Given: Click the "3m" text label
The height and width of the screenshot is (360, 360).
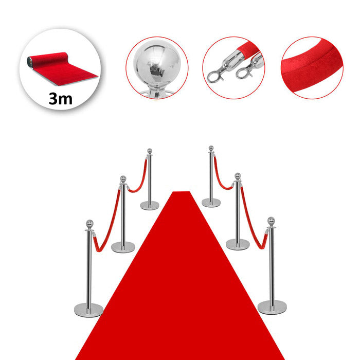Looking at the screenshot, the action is [61, 99].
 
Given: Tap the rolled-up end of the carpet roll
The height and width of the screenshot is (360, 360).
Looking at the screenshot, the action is [30, 62].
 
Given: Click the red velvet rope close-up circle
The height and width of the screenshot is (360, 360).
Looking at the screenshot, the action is [312, 68].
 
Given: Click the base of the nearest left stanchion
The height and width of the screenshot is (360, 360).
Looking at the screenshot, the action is [88, 310].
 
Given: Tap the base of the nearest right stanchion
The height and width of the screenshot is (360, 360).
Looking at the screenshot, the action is [272, 307].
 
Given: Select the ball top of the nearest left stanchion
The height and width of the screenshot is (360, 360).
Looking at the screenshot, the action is [89, 223].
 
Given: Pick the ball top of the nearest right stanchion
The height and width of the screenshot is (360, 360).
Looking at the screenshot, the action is [271, 221].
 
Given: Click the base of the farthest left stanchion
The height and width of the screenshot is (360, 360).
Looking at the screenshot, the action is [150, 206].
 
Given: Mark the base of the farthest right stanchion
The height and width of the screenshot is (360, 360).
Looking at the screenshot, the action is [211, 203].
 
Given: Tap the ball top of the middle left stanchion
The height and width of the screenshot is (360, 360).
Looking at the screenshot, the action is [123, 178].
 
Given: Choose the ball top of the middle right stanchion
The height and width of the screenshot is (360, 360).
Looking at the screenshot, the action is [238, 176].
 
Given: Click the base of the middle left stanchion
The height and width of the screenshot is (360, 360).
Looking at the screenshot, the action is [123, 247].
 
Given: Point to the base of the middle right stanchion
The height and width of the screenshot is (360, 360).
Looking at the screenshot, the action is [238, 244].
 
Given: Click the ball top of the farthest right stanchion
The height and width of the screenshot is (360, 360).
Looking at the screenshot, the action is [211, 148].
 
